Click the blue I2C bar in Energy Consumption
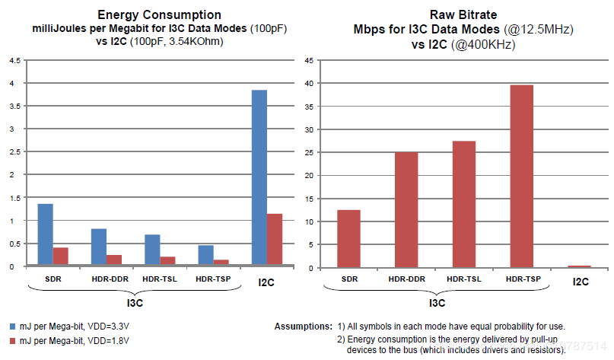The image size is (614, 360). click(x=259, y=178)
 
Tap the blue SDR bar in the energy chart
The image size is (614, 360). click(x=46, y=235)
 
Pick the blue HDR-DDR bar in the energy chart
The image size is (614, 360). click(x=99, y=247)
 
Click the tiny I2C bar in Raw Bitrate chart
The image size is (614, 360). click(x=581, y=266)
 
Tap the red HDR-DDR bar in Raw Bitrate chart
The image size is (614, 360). click(x=406, y=210)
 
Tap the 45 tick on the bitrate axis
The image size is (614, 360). click(x=309, y=60)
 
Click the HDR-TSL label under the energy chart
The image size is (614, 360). click(x=160, y=278)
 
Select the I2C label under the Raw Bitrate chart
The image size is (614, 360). click(x=581, y=281)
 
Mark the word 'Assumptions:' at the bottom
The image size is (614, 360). click(x=303, y=326)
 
